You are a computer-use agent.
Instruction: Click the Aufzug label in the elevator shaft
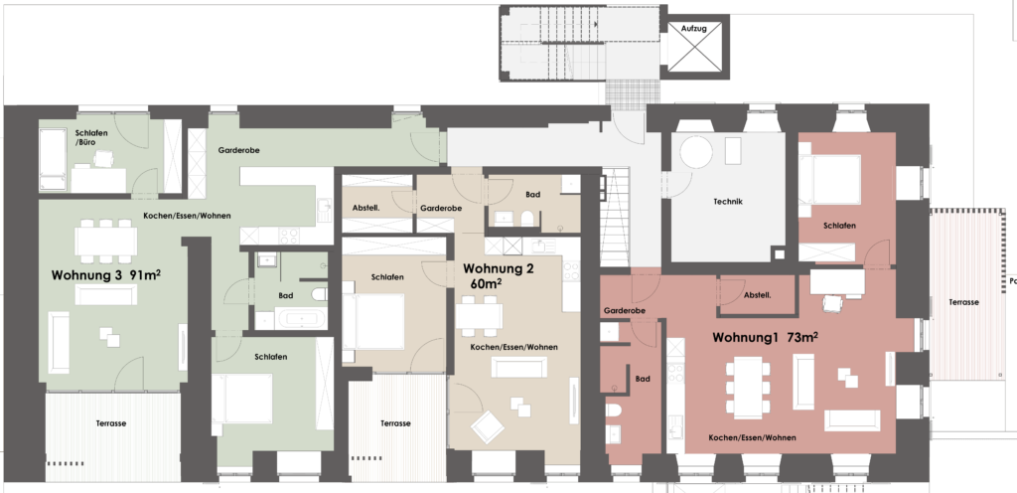coord(693,29)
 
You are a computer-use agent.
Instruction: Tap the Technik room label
coord(728,202)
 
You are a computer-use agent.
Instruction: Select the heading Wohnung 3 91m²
coord(105,275)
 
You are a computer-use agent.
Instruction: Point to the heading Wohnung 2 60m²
coord(499,275)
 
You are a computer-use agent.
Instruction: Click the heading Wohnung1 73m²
coord(765,337)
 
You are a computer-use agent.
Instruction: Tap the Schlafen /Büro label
coord(91,137)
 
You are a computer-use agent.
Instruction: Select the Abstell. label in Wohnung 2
coord(365,208)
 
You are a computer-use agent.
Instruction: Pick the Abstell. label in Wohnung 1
coord(757,295)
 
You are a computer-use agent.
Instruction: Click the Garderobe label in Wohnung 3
coord(238,150)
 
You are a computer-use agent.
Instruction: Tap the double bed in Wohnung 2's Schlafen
coord(374,322)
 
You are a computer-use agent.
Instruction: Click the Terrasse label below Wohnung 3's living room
coord(111,423)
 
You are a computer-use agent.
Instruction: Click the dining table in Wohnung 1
coord(748,388)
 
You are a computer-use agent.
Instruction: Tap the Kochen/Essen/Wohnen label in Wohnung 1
coord(753,438)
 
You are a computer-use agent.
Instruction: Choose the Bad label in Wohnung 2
coord(533,195)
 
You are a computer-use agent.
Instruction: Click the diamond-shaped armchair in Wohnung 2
coord(488,426)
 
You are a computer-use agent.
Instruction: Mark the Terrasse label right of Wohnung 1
coord(963,302)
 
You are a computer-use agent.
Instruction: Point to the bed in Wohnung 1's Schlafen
coord(829,179)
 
